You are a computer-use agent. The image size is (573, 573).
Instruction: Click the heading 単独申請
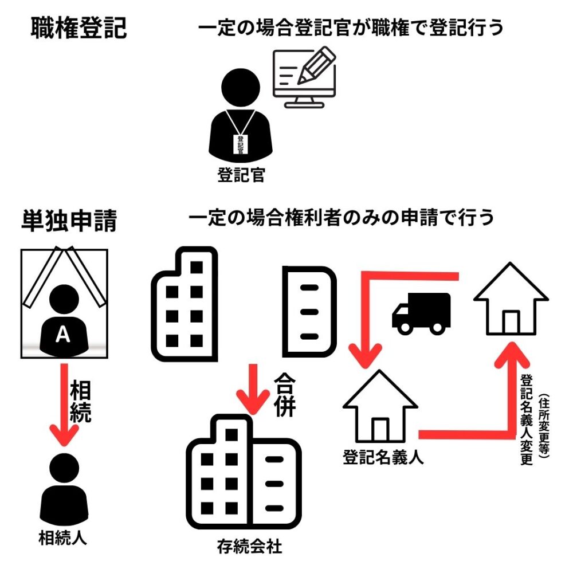69,220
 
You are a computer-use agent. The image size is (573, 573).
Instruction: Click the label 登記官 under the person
241,174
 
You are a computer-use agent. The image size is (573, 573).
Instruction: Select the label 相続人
62,539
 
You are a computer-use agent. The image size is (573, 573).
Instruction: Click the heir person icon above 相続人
62,490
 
